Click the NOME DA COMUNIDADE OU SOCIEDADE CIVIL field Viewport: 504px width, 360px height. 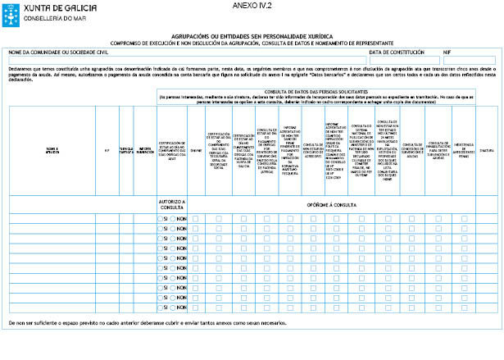click(x=187, y=59)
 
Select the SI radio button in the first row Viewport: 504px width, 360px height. click(x=161, y=218)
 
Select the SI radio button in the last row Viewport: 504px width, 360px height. click(x=161, y=308)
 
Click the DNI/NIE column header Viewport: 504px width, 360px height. click(x=195, y=150)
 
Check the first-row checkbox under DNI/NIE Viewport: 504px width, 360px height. click(x=195, y=218)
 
